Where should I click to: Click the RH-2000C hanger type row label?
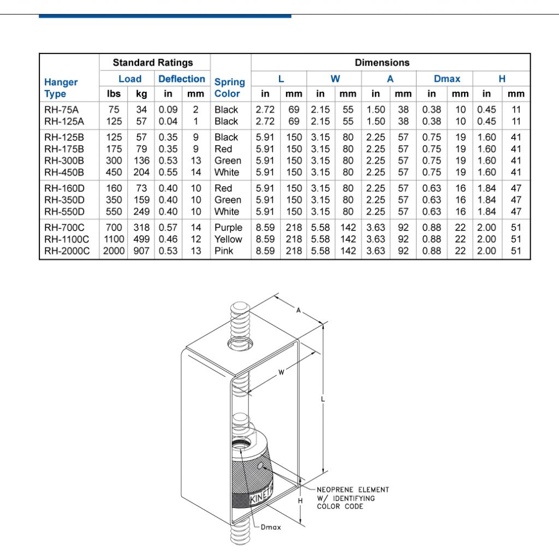click(x=66, y=251)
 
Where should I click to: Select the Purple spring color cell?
click(x=228, y=227)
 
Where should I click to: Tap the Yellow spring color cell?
click(x=228, y=239)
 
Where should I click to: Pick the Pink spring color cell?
click(x=224, y=251)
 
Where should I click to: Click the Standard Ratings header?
click(x=153, y=62)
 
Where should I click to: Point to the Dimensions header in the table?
click(x=382, y=62)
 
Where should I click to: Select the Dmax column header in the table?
click(x=447, y=79)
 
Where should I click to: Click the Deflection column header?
click(x=181, y=79)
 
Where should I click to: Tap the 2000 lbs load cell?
click(x=114, y=251)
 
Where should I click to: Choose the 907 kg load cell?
click(x=141, y=251)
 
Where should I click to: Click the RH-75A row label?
click(x=61, y=110)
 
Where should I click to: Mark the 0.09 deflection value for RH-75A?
click(x=168, y=110)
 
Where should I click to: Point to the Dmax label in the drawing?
click(x=271, y=528)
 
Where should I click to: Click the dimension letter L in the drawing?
click(x=324, y=400)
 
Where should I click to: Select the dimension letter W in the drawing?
click(x=281, y=372)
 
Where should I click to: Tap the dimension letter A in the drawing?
click(x=299, y=310)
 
